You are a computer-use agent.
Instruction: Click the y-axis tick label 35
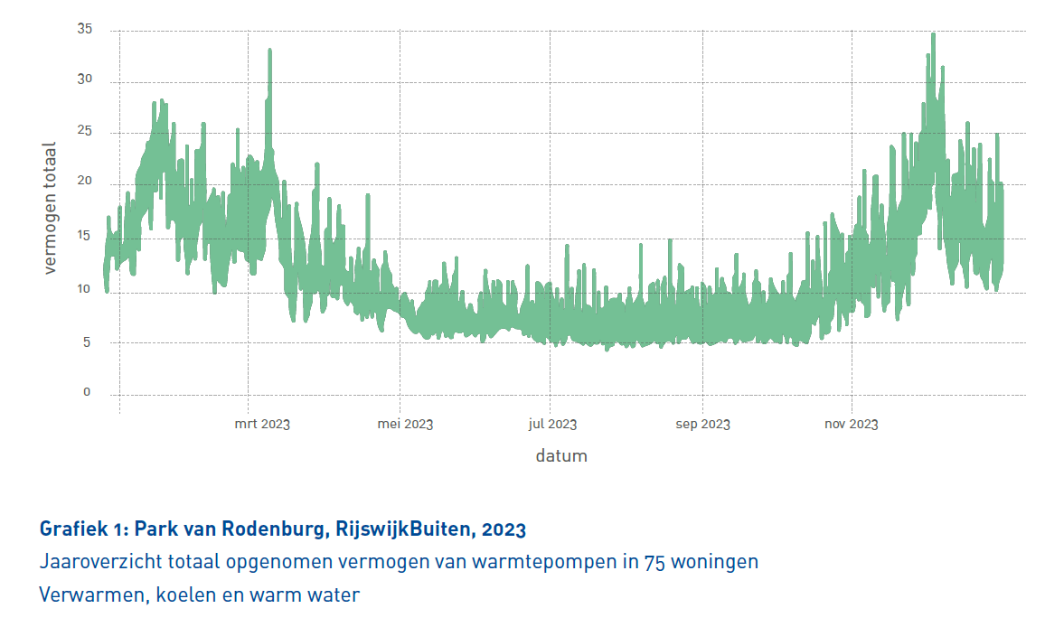(85, 30)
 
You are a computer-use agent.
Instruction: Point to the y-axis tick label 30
(85, 80)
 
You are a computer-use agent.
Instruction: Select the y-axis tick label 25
(85, 132)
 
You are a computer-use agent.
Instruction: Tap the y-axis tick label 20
(85, 183)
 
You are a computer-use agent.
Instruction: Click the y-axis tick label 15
(85, 237)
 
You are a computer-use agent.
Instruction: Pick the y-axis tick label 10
(85, 289)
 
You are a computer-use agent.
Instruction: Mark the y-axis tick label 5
(88, 342)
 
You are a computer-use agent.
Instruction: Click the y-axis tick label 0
(88, 392)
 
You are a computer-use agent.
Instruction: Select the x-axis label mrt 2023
(262, 424)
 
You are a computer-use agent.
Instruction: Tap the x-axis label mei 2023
(405, 424)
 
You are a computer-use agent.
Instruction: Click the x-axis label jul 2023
(552, 424)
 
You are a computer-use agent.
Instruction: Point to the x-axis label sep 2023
(702, 424)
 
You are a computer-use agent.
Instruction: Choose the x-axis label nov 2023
(852, 424)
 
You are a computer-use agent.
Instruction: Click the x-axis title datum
(560, 455)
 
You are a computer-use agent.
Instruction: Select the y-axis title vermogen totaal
(51, 208)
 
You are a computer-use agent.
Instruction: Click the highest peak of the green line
(933, 35)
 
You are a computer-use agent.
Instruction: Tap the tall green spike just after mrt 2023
(269, 51)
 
